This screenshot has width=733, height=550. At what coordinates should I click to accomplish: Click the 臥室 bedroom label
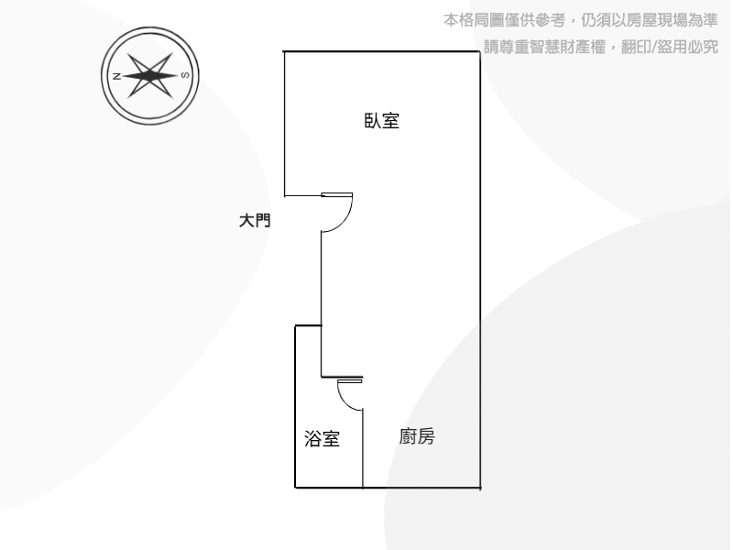[381, 121]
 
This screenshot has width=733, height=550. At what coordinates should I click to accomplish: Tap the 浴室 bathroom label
[322, 439]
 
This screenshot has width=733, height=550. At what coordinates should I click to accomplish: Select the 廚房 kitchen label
[417, 436]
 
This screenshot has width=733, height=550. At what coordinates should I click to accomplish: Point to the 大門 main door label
[255, 220]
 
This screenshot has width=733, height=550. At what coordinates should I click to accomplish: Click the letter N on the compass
[117, 76]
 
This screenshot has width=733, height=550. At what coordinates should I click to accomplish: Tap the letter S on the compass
[185, 75]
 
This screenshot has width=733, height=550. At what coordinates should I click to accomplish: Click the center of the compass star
[150, 75]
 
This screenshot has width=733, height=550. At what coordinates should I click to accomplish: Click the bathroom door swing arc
[345, 401]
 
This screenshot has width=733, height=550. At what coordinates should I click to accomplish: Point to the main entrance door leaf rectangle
[336, 194]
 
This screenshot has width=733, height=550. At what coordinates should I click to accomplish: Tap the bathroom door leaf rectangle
[350, 381]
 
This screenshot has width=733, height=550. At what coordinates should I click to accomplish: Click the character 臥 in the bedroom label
[373, 121]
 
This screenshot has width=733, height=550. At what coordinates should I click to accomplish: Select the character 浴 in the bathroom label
[312, 439]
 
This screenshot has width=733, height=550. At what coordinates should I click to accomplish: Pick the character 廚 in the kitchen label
[408, 436]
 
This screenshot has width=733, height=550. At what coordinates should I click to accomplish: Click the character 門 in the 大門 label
[263, 220]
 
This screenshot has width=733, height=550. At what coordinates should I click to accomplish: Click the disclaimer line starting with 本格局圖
[580, 20]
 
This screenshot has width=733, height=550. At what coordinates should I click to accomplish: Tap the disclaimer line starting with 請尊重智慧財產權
[601, 47]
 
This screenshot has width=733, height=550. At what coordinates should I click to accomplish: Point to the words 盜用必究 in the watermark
[688, 47]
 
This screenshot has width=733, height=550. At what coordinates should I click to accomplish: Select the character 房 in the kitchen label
[426, 436]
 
